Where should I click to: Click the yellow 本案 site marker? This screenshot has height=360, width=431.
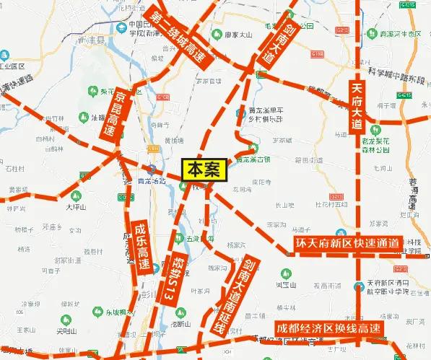204,169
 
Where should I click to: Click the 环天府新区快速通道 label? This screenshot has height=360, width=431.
347,245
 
